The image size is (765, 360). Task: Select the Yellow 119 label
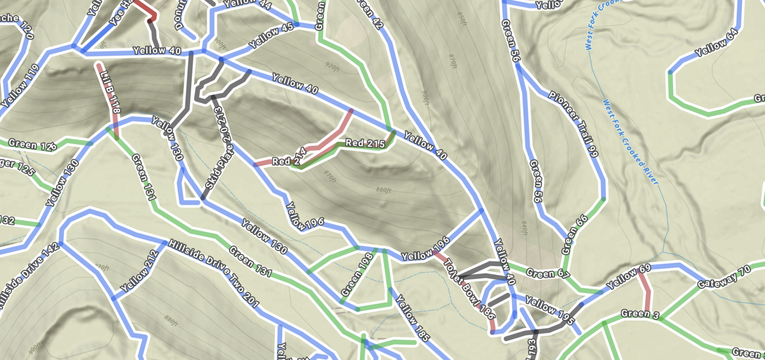coord(20,86)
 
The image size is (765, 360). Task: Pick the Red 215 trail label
coord(365,143)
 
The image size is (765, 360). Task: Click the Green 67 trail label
coord(540,273)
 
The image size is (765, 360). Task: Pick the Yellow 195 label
coord(545,309)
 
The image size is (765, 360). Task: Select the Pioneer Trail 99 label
coord(573,124)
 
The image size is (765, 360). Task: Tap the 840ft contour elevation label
coord(523,228)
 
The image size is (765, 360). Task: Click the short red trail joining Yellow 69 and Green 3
coord(646,291)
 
